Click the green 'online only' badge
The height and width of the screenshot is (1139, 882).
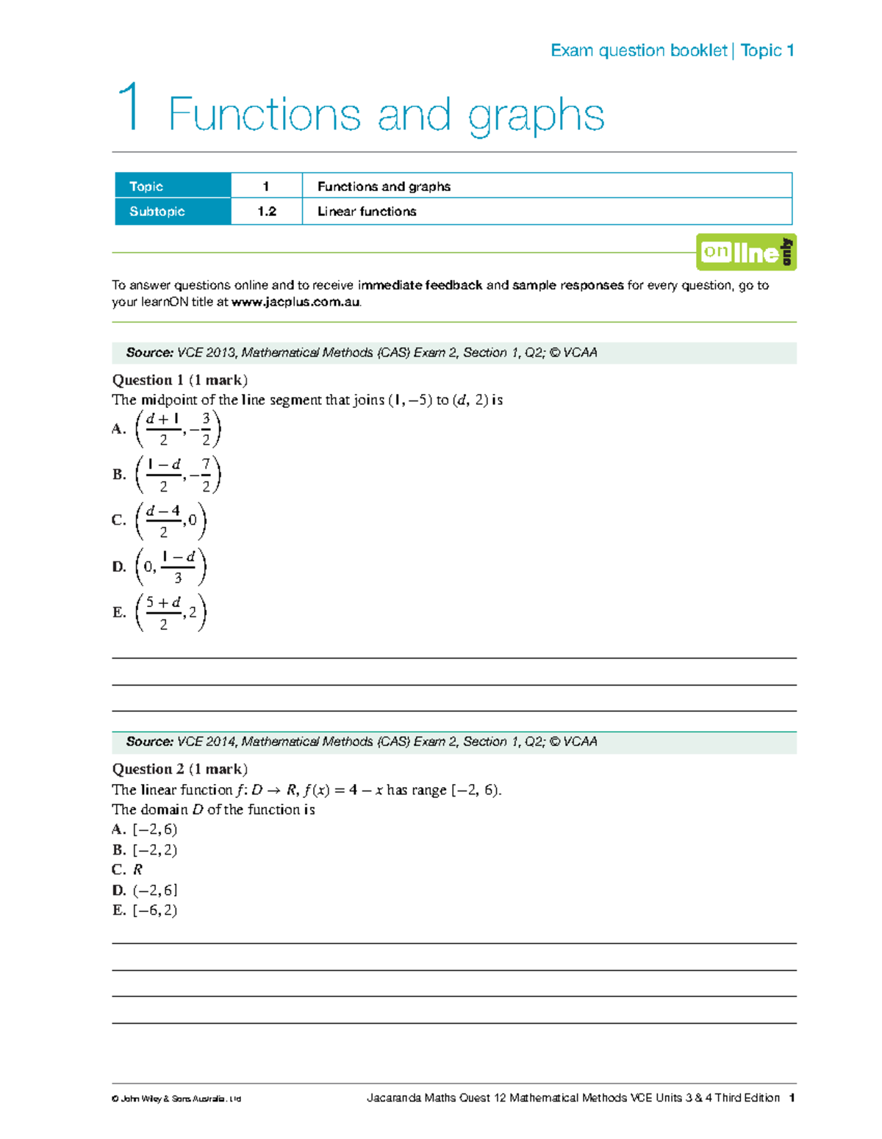746,252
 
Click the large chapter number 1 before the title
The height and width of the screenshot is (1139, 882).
130,108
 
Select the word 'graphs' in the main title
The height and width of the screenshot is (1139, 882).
536,116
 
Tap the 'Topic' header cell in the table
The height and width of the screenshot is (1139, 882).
173,186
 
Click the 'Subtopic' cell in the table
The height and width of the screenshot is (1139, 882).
173,212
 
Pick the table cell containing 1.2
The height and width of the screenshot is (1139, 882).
266,212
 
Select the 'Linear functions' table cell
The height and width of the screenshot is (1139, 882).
367,212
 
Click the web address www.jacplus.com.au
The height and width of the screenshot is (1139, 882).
295,302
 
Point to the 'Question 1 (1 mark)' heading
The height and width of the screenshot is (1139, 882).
179,380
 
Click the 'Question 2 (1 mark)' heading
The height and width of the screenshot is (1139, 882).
179,769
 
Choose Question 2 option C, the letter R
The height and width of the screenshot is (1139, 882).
137,870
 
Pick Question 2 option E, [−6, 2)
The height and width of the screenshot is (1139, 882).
154,910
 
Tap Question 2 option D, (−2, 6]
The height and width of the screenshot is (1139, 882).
154,891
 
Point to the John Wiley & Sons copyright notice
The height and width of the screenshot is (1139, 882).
176,1099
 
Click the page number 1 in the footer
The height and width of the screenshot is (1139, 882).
792,1098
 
